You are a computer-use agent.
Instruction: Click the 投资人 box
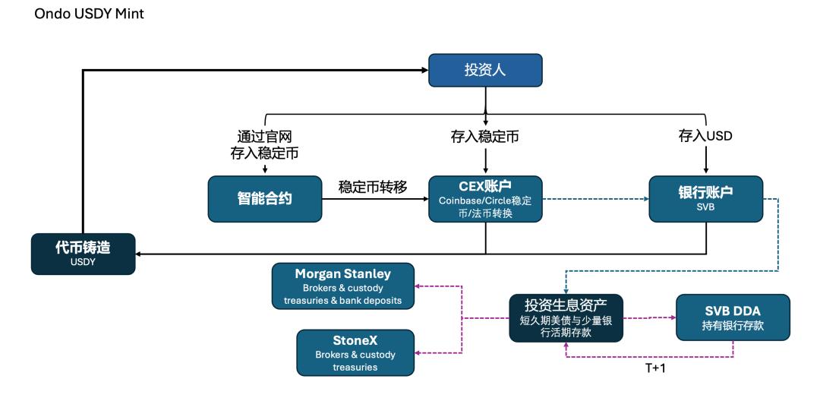[485, 70]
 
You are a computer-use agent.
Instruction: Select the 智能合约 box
[265, 199]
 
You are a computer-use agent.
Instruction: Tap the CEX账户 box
[485, 199]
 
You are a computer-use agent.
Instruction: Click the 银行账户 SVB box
[705, 199]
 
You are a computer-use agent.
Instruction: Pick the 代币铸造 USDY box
[84, 254]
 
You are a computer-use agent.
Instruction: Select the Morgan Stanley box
[343, 286]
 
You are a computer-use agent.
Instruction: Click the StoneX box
[355, 352]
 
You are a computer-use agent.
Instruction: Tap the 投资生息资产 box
[566, 318]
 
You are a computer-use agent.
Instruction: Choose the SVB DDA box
[733, 317]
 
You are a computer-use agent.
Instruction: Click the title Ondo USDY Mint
[89, 14]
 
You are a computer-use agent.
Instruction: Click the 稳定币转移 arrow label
[373, 187]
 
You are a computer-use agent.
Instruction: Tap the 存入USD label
[705, 137]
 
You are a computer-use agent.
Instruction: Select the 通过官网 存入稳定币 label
[265, 145]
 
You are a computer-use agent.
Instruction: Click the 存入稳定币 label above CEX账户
[484, 137]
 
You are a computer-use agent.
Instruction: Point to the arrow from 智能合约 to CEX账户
[375, 199]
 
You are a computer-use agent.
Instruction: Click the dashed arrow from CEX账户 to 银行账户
[596, 199]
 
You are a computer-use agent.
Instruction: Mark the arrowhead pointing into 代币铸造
[139, 254]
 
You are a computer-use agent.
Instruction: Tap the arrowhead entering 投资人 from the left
[425, 70]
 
